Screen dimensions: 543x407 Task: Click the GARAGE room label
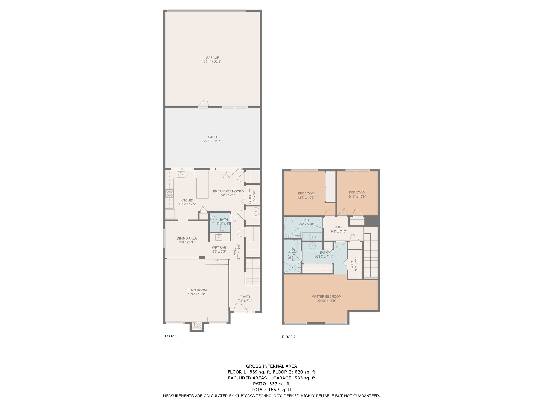coord(212,58)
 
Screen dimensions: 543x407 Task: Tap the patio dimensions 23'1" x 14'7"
coord(212,141)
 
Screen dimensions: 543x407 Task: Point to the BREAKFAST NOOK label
coord(227,191)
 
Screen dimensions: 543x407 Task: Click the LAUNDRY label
coord(250,196)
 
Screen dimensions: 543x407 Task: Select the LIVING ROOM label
coord(196,290)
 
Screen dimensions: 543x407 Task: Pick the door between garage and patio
coord(204,103)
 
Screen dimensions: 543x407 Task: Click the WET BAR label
coord(219,248)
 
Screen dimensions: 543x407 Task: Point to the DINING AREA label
coord(187,238)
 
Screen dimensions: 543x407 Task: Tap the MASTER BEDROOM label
coord(326,297)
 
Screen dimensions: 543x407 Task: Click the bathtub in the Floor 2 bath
coord(288,228)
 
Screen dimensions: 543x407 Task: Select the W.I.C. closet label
coord(352,264)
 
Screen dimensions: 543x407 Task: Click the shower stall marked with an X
coord(293,267)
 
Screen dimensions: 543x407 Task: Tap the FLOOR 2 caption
coord(289,337)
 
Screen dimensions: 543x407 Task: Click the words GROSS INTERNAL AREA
coord(271,366)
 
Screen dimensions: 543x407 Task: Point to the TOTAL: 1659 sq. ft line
coord(271,390)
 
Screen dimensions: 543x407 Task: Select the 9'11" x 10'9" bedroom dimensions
coord(357,197)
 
